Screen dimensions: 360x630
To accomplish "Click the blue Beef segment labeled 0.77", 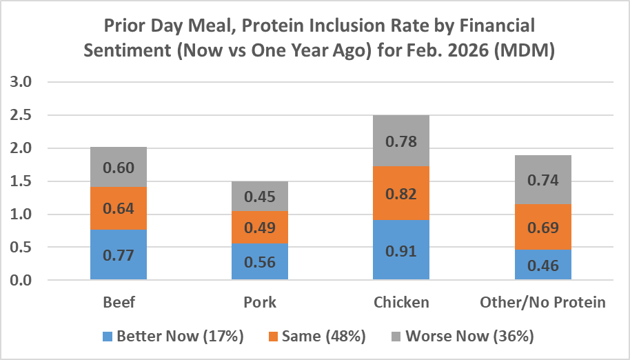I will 118,254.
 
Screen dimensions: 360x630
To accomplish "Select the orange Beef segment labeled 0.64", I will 118,208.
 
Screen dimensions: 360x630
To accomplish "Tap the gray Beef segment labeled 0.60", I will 118,168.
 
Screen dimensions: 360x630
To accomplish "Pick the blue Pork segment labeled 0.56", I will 259,262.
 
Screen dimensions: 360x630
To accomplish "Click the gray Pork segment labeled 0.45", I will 259,197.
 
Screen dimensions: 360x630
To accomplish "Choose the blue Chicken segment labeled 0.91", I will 400,250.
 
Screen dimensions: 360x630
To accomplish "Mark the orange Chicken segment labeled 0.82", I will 400,194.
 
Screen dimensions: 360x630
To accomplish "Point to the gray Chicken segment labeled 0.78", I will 400,141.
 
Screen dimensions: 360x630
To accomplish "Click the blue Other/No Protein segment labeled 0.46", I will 542,265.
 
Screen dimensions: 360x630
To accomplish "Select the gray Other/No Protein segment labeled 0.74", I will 542,180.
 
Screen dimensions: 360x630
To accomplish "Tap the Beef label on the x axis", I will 118,302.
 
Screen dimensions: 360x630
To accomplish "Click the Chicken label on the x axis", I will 400,302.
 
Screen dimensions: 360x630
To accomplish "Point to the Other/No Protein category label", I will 542,302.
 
